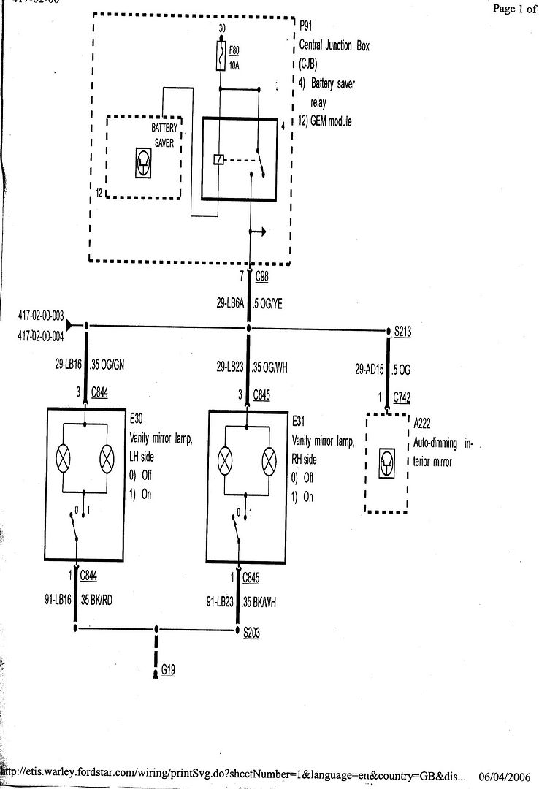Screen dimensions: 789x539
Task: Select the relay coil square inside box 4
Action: pyautogui.click(x=218, y=159)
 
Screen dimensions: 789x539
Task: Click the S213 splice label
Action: pyautogui.click(x=403, y=332)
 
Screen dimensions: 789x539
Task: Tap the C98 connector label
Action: pyautogui.click(x=263, y=277)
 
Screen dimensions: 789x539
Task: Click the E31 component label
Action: pyautogui.click(x=299, y=422)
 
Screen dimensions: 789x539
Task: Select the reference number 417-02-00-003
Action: pyautogui.click(x=42, y=317)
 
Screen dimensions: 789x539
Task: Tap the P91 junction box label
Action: pyautogui.click(x=306, y=24)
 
